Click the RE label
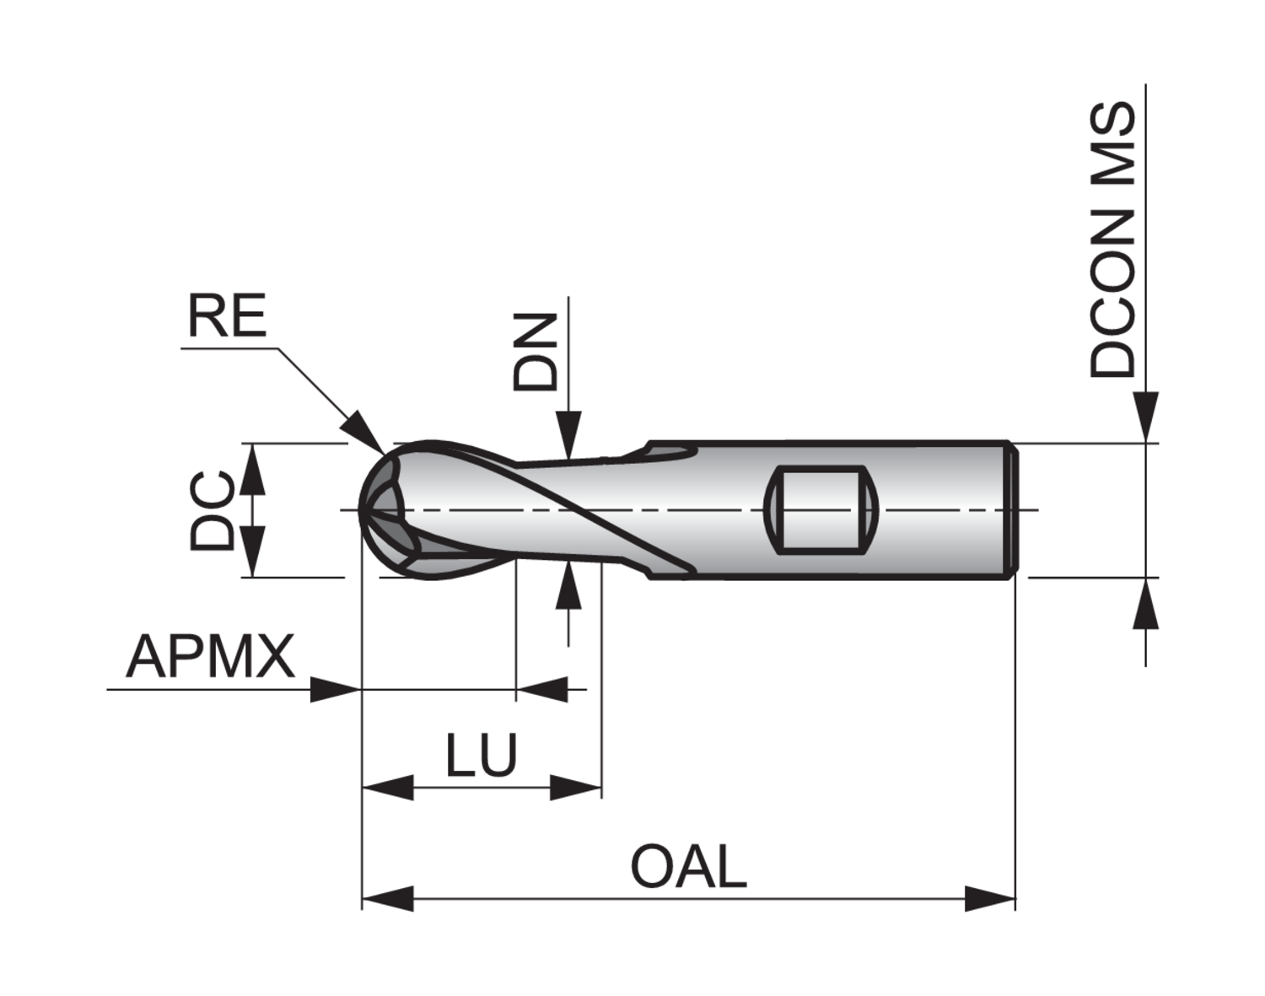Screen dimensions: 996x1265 click(x=226, y=316)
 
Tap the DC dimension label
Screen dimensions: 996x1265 click(x=211, y=511)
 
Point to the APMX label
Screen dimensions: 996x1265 click(x=211, y=657)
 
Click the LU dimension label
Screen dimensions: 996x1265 click(x=481, y=755)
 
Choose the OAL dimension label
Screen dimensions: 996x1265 click(x=689, y=868)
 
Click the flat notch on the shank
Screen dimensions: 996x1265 click(x=821, y=509)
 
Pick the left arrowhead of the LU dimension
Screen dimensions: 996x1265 click(x=386, y=789)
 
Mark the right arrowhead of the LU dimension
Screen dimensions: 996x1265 click(x=577, y=789)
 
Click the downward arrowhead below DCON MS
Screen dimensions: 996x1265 click(x=1145, y=417)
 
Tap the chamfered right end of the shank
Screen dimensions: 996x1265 click(x=1015, y=509)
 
